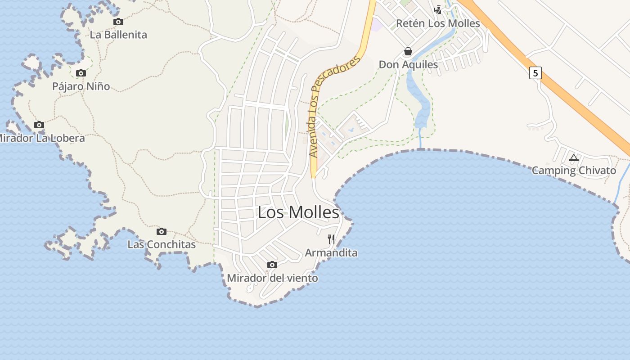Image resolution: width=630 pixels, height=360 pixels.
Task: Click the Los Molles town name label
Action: pos(298,212)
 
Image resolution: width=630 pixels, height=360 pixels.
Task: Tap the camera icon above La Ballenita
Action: pos(118,22)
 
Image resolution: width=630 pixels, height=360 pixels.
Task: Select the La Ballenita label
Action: pos(118,35)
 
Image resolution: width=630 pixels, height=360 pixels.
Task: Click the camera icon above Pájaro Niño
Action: pos(81,73)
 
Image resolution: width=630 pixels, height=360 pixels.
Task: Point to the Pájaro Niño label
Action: pos(81,86)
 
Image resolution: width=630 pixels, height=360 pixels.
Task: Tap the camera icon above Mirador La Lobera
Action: pos(39,125)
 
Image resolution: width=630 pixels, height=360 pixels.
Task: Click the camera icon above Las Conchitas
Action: pos(162,231)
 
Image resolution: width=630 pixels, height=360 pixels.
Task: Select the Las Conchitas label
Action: pos(162,244)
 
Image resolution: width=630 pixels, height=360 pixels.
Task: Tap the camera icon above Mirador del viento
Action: pos(272,265)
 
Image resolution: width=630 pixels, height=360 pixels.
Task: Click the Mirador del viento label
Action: pos(272,278)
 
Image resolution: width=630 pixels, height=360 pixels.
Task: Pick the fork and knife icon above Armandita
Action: pos(331,239)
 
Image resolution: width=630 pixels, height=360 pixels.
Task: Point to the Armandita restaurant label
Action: pos(331,253)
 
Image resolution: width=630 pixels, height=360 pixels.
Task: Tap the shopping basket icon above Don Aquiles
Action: pos(408,51)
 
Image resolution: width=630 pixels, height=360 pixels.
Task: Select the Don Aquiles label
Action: pos(408,64)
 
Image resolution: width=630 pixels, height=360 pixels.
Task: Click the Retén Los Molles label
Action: pos(438,23)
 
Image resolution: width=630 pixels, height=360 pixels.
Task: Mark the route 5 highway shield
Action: pos(535,72)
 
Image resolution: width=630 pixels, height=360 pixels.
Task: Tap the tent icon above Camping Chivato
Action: pos(573,157)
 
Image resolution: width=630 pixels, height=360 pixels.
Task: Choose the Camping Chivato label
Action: pos(574,171)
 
